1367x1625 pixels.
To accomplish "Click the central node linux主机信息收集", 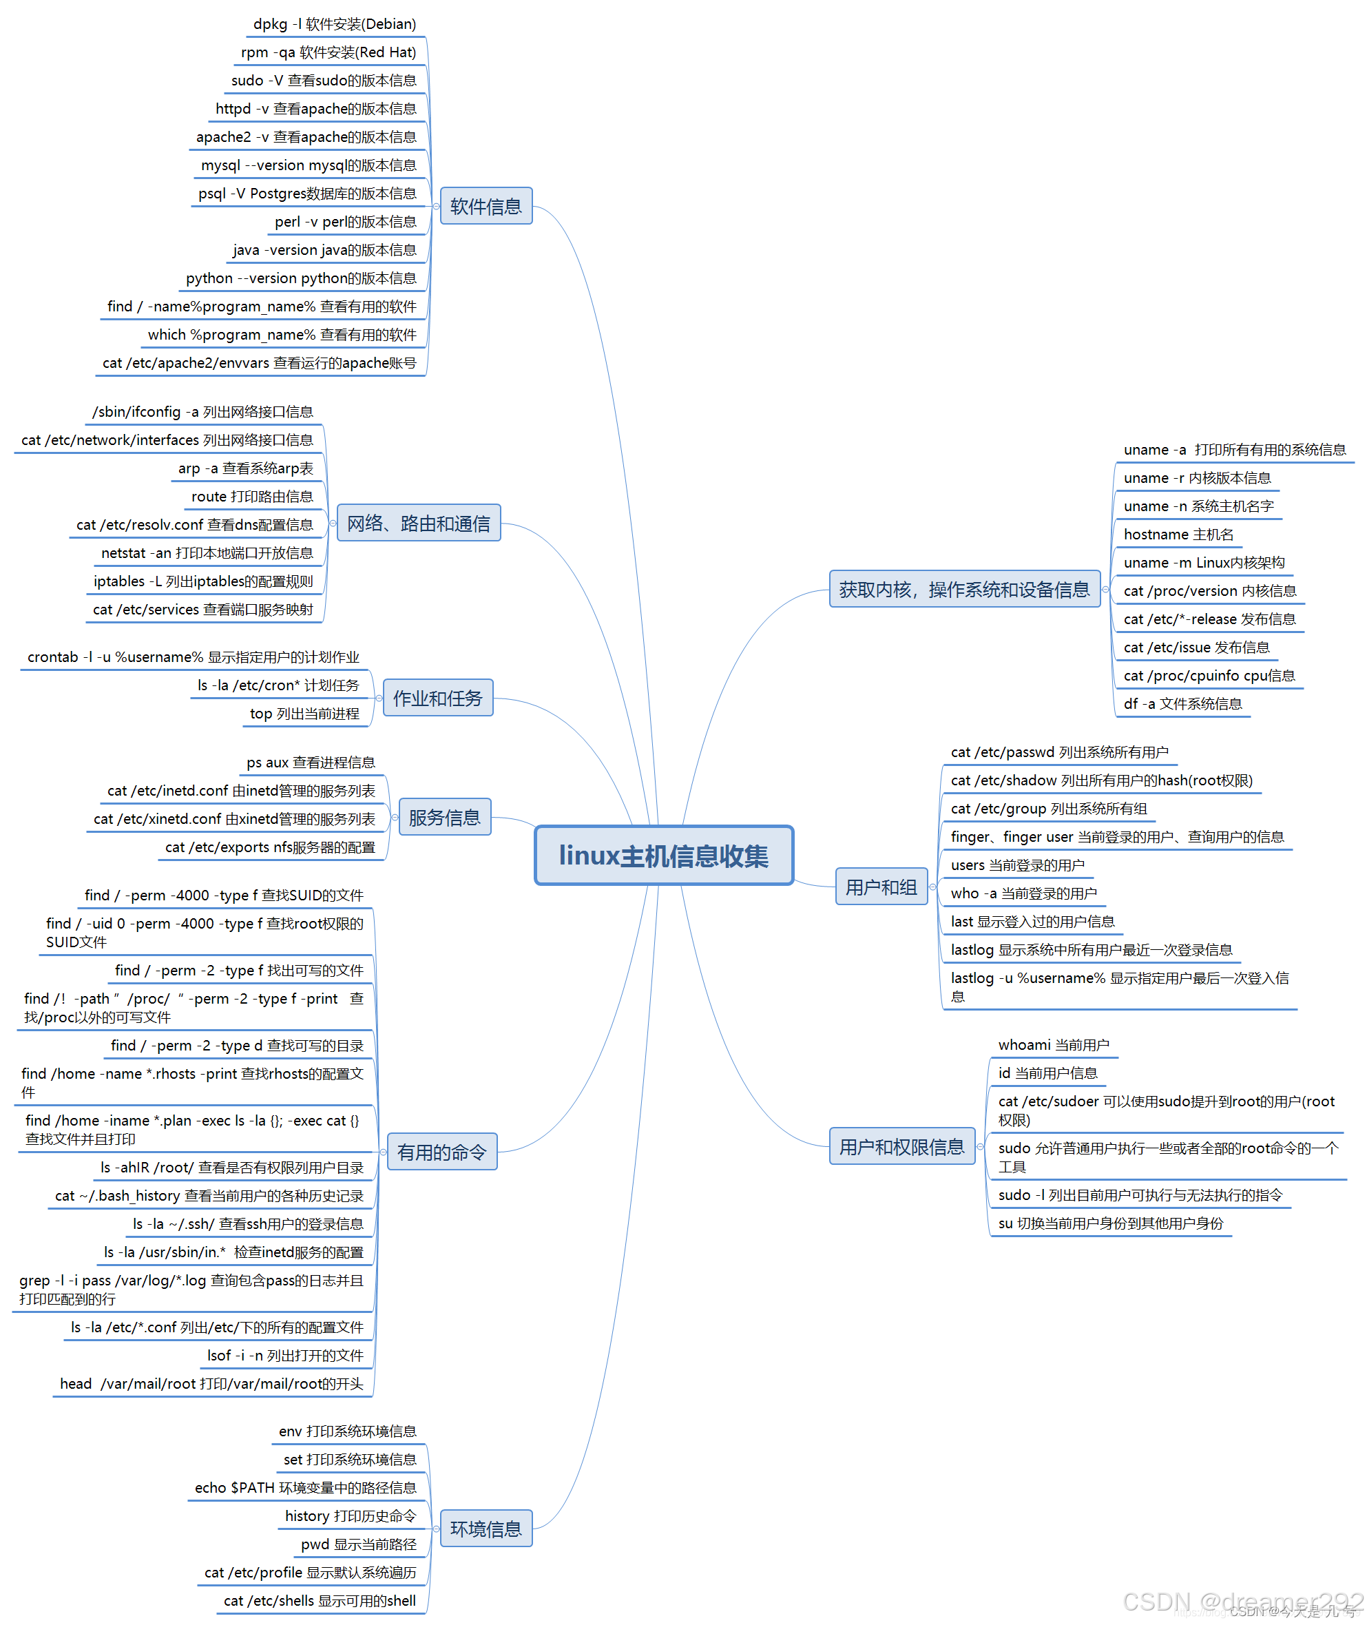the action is [x=664, y=855].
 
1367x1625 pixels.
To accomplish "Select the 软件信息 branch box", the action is [x=486, y=206].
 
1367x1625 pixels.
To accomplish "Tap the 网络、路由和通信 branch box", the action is [x=419, y=524].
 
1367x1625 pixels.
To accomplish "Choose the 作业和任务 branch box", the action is [x=438, y=698].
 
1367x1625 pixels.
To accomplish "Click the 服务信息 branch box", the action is [x=445, y=817].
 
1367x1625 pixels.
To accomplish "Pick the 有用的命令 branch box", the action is [x=441, y=1151].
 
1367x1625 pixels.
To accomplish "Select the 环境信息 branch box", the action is [x=486, y=1528].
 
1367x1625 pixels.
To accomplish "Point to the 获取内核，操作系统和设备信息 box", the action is [x=965, y=589].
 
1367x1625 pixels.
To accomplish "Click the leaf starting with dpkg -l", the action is [x=335, y=24].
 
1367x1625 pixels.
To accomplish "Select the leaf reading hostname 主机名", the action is [x=1179, y=534].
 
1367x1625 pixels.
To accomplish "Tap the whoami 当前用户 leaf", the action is [x=1054, y=1045].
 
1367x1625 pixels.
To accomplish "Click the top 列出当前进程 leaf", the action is [x=304, y=713].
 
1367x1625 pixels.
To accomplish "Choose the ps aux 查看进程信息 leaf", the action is [x=311, y=762].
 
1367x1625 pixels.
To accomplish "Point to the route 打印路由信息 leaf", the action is [x=253, y=496].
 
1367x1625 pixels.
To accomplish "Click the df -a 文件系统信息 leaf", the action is [x=1182, y=704].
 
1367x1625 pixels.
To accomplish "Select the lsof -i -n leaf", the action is [x=285, y=1356].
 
